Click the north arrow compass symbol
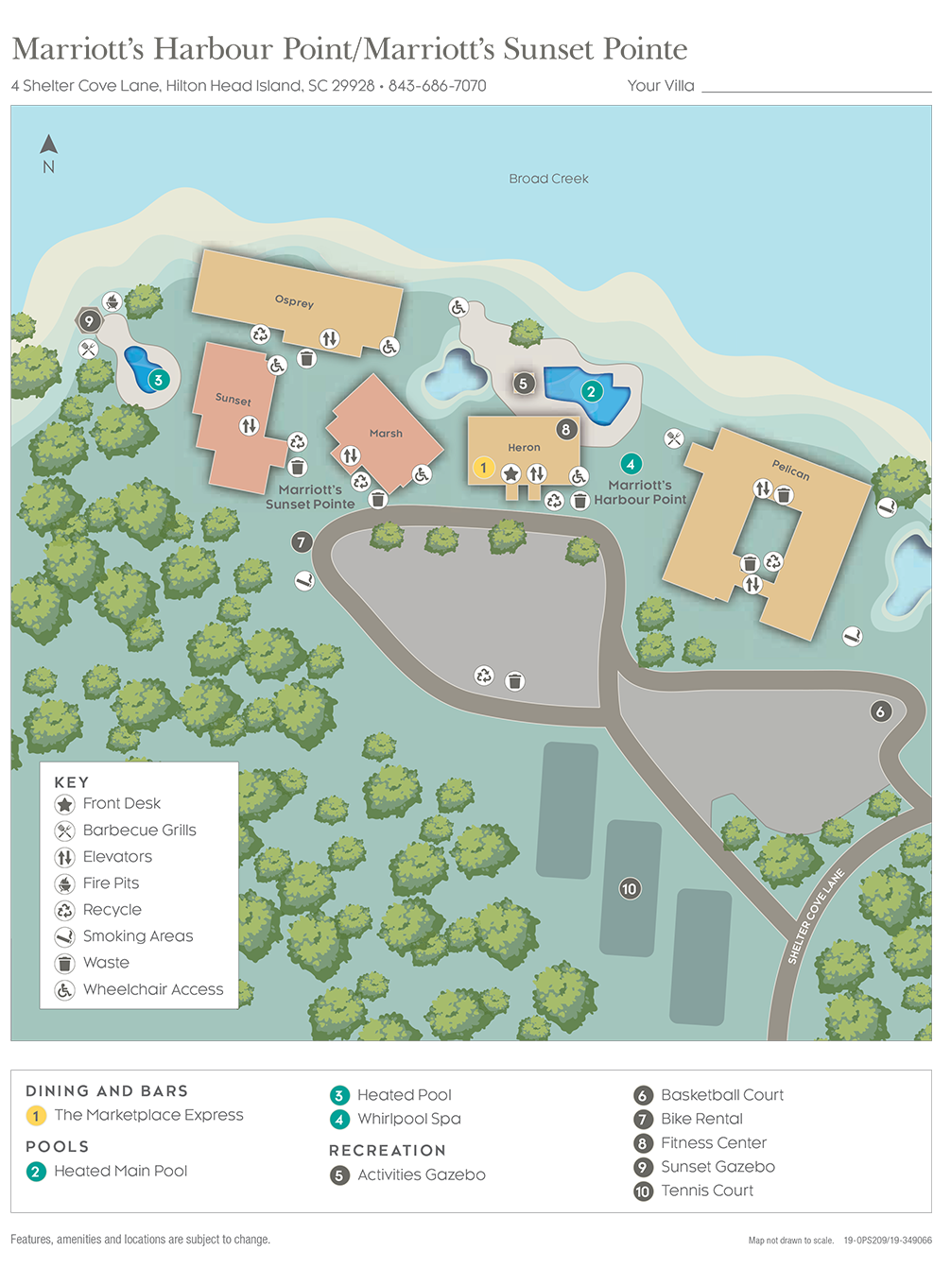tap(49, 146)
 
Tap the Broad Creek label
tap(548, 179)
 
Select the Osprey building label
tap(294, 301)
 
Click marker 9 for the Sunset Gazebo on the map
tap(89, 321)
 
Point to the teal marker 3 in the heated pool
tap(158, 380)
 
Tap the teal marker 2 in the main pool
tap(592, 391)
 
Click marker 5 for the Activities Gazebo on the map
tap(523, 383)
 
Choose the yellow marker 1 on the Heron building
tap(483, 468)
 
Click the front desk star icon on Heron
tap(510, 473)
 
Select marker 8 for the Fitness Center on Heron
tap(566, 429)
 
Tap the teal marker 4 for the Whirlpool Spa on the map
tap(631, 464)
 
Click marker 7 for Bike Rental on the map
tap(302, 541)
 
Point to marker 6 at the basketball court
tap(880, 711)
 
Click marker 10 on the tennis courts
tap(630, 888)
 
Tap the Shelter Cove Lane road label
tap(816, 916)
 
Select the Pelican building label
tap(790, 470)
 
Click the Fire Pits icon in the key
tap(64, 884)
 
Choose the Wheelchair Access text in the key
tap(153, 989)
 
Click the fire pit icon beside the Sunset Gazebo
tap(112, 302)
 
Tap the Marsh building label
tap(386, 433)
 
